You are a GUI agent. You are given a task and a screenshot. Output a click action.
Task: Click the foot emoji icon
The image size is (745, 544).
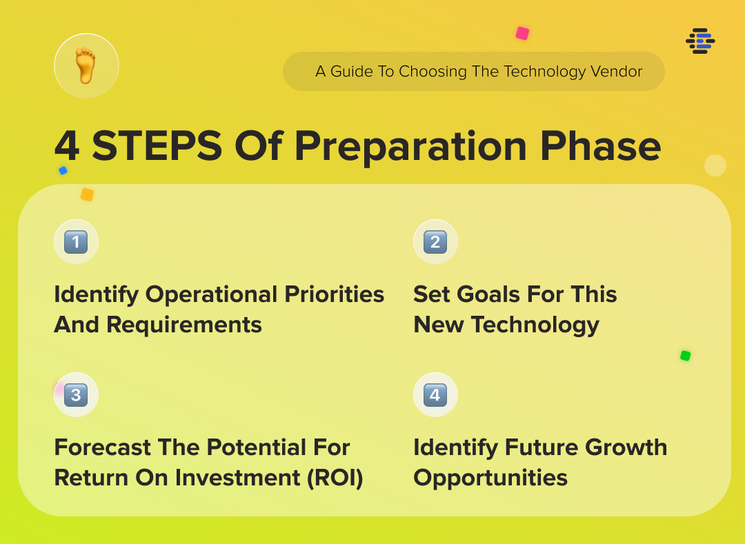[86, 66]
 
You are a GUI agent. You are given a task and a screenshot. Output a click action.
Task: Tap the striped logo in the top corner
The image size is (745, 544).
[700, 41]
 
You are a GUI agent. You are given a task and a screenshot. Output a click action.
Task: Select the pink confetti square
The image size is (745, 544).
[523, 33]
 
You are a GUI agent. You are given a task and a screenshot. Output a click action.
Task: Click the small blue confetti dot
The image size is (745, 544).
[63, 170]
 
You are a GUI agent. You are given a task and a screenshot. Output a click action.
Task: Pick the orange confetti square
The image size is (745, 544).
[87, 194]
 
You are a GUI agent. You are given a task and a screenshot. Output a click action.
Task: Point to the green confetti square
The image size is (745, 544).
[685, 356]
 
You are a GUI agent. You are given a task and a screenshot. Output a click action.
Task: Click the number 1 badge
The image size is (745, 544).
[76, 242]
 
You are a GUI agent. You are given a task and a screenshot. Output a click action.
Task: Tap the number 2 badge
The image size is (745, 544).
[435, 242]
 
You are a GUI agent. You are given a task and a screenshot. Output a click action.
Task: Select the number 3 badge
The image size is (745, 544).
[76, 395]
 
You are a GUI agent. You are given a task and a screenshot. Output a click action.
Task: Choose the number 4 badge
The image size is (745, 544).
[435, 395]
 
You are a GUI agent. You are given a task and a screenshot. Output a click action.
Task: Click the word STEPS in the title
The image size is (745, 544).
[157, 145]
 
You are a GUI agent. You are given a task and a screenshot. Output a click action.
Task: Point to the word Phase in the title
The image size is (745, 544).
[601, 145]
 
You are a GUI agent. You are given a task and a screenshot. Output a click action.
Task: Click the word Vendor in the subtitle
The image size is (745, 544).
[616, 71]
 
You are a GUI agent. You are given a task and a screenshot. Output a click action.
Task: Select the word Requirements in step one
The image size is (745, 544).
[184, 325]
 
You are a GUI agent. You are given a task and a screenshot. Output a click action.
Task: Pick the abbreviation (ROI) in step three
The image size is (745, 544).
[335, 478]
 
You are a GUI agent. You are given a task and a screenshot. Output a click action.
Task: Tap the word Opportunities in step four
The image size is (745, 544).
[490, 478]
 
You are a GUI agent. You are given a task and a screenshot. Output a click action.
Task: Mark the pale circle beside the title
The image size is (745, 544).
[715, 165]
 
